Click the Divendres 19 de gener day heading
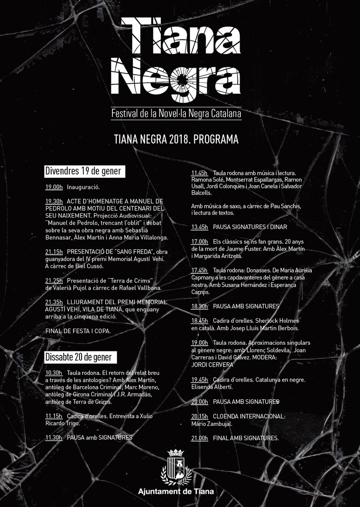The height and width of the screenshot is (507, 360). point(83,171)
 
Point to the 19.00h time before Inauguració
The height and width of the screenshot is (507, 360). point(54,186)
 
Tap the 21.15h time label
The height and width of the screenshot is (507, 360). point(54,251)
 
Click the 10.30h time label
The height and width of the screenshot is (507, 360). point(54,373)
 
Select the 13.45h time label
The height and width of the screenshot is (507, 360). point(200,227)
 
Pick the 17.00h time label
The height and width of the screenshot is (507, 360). point(200,241)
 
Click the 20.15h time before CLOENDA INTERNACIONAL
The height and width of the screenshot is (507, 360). point(200,416)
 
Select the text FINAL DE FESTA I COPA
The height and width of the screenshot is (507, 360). point(78,331)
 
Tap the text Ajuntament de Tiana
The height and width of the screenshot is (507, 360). point(177,492)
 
